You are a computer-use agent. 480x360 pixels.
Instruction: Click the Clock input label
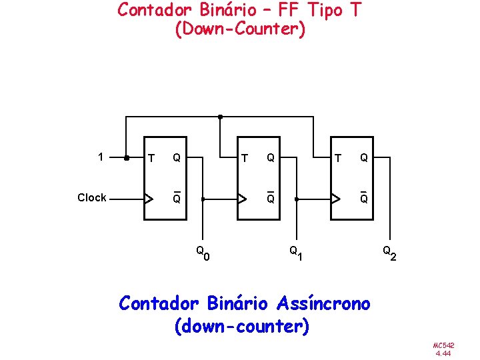91,197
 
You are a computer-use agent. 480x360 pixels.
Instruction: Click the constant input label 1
101,158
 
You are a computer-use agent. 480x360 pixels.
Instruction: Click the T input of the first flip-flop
152,159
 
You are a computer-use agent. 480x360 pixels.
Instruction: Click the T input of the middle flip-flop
245,159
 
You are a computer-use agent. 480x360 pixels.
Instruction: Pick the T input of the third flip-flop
339,159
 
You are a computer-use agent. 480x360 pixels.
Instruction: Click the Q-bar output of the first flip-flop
177,198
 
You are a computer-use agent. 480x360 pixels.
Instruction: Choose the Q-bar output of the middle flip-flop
270,198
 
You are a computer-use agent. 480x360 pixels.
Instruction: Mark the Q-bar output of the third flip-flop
363,198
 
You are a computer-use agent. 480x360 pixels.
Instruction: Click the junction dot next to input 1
127,159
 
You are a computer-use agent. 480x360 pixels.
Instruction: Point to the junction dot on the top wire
220,117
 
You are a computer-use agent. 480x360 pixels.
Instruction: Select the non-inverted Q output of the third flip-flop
363,159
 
